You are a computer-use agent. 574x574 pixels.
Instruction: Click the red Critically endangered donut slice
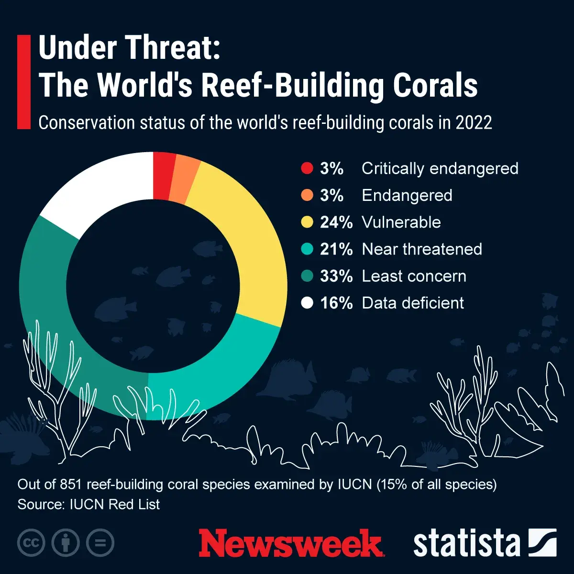[163, 176]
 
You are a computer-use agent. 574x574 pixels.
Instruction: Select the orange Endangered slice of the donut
[188, 180]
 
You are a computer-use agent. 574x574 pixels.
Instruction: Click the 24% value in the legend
[336, 222]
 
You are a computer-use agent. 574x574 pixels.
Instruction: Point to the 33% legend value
[336, 276]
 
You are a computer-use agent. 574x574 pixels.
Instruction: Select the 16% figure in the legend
[336, 303]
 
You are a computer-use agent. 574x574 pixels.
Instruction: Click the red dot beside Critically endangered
[307, 168]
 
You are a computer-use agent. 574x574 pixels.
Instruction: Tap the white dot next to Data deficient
[307, 303]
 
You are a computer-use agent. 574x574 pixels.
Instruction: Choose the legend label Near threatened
[422, 249]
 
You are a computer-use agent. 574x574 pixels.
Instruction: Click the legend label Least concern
[414, 276]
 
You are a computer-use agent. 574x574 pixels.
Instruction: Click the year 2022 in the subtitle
[474, 123]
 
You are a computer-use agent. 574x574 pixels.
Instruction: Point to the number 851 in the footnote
[71, 485]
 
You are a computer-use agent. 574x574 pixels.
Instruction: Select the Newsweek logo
[290, 543]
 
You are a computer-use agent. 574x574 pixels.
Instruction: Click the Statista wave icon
[542, 543]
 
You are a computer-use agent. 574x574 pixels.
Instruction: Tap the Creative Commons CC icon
[31, 543]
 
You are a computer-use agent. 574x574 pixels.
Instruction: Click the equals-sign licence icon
[100, 543]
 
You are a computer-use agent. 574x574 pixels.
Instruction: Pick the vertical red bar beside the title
[23, 82]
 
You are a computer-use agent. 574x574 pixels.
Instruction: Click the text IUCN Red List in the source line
[115, 505]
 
